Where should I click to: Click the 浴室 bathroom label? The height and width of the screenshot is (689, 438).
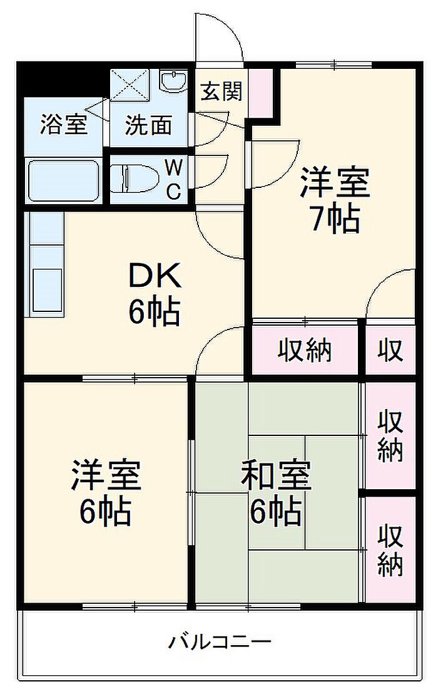(63, 124)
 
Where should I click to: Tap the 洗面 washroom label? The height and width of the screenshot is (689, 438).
(148, 125)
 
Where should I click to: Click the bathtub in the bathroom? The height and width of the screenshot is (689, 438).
(63, 180)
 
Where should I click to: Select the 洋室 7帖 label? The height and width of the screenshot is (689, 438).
(334, 199)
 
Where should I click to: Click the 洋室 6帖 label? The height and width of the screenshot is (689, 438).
(105, 493)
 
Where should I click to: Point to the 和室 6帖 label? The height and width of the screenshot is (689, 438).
(276, 493)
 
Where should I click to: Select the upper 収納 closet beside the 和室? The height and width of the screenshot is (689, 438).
(390, 436)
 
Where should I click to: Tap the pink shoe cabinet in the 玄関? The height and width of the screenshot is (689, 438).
(261, 91)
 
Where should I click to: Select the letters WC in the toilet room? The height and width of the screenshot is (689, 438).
(173, 179)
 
